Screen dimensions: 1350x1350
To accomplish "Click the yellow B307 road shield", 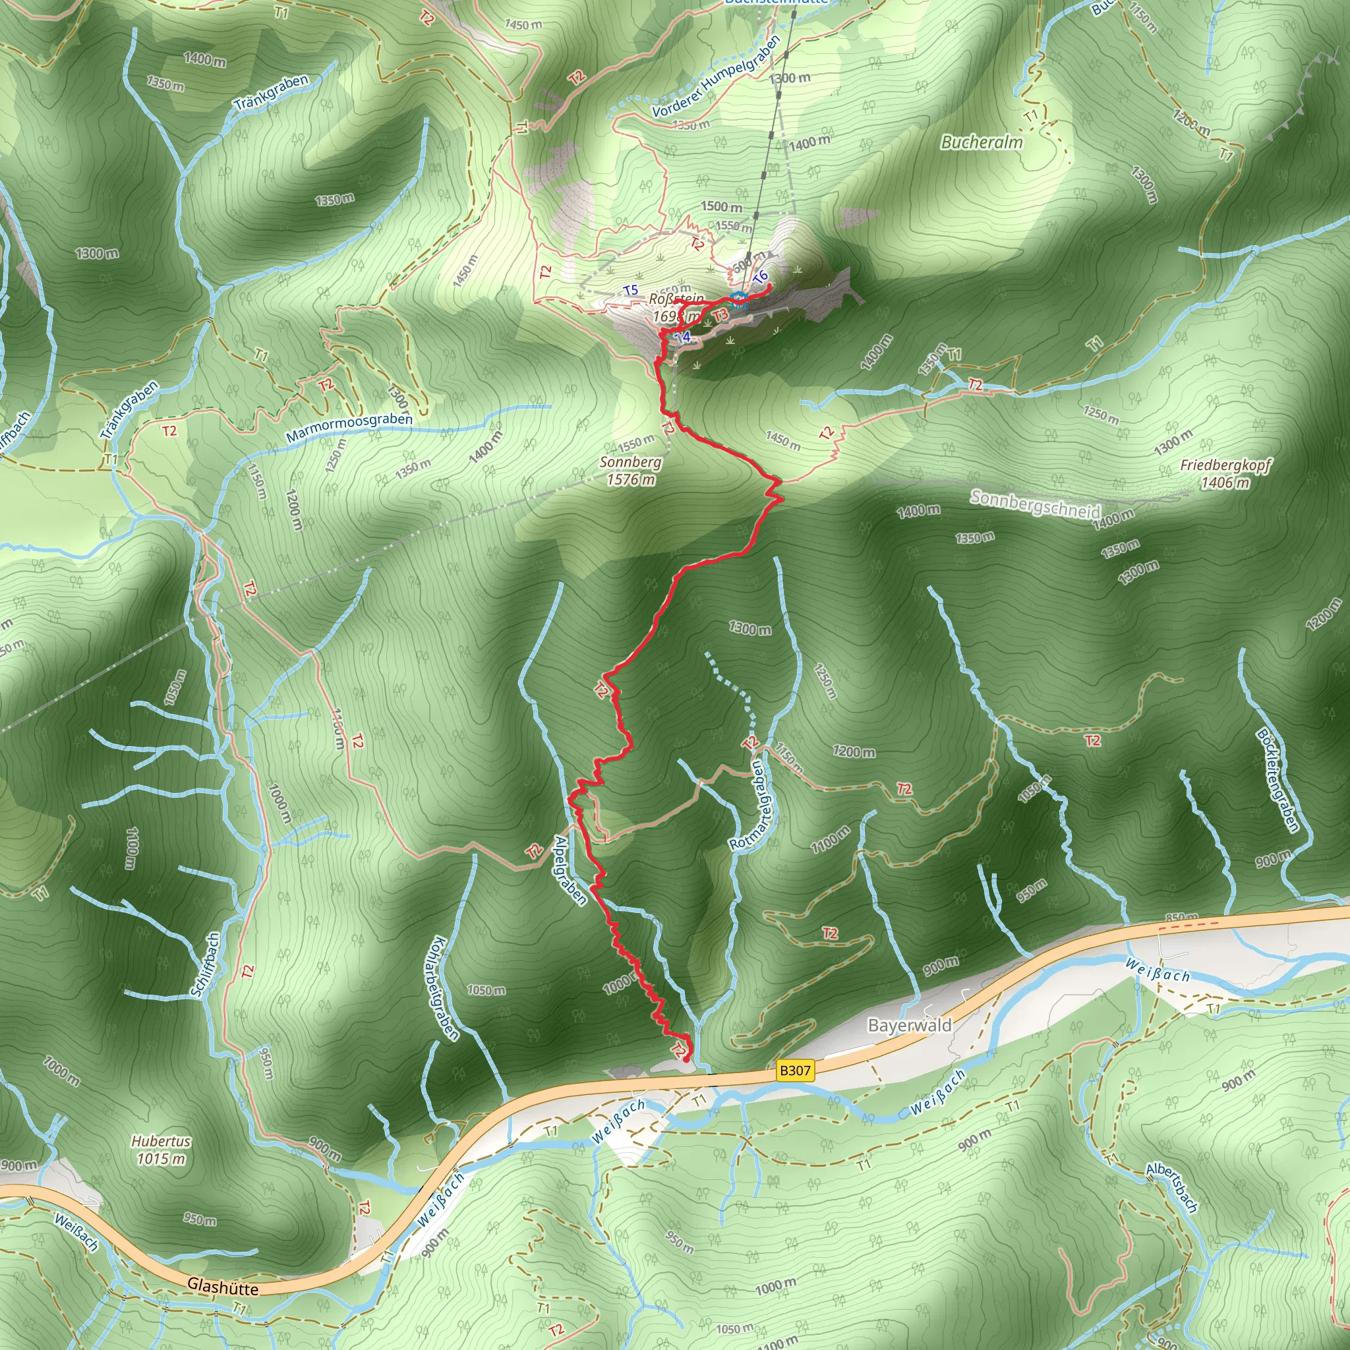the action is coord(795,1070).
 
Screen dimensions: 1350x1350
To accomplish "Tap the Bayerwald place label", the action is coord(909,1025).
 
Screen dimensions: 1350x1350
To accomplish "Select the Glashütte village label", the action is coord(222,1287).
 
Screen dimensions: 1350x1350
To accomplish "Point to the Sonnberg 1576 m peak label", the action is coord(630,470).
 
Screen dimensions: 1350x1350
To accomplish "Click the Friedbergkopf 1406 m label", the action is coord(1225,473).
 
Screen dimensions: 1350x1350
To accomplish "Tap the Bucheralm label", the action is coord(981,142).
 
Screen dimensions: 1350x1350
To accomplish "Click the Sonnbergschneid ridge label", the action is coord(1035,504).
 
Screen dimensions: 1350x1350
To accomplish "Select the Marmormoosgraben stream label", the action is coord(349,427).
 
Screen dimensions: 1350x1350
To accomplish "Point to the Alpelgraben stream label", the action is coord(570,870).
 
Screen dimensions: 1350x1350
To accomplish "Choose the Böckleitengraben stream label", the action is coord(1277,780).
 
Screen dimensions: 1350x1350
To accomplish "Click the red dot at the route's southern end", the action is coord(686,1059).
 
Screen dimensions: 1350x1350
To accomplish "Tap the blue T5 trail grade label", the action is coord(630,290).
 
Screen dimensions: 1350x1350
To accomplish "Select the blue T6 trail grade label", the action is coord(760,277).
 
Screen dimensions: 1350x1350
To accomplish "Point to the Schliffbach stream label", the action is coord(205,964).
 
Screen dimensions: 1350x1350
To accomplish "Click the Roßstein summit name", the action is coord(676,299).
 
